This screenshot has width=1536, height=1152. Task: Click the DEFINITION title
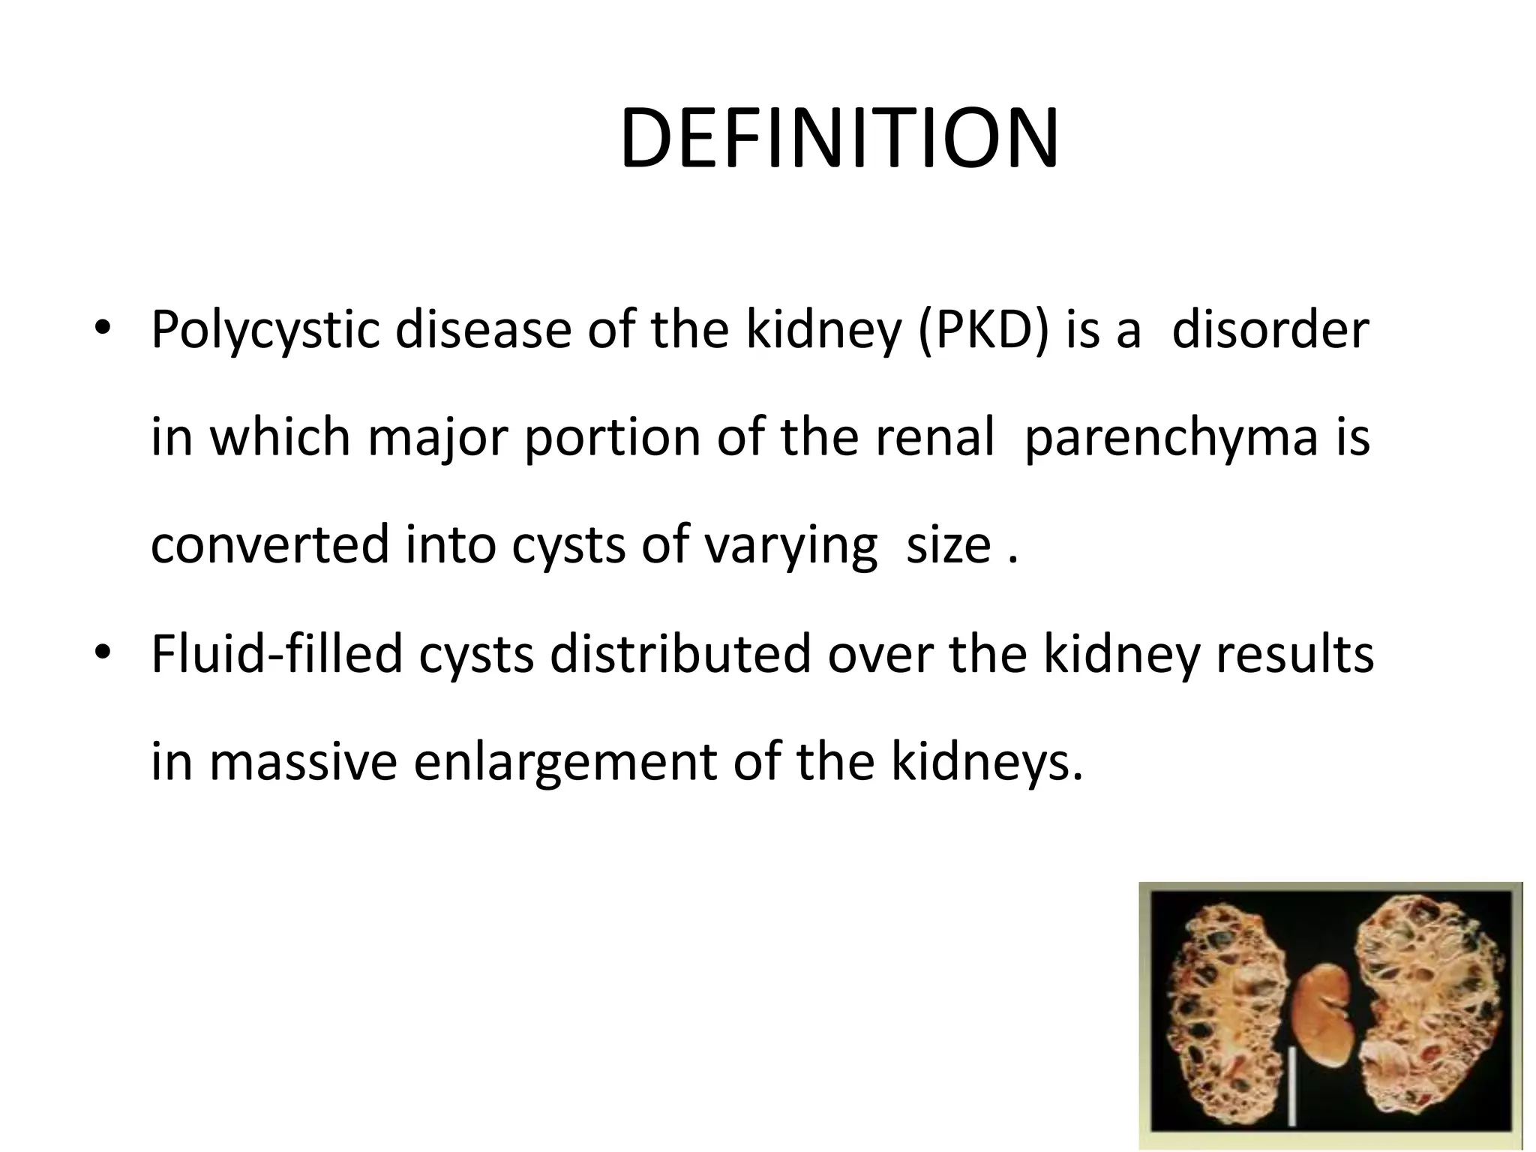coord(839,140)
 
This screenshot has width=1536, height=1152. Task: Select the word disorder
coord(1270,331)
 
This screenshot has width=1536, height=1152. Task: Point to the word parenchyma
coord(1170,437)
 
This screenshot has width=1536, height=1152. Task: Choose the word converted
coord(270,545)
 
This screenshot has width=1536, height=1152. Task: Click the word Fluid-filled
coord(277,653)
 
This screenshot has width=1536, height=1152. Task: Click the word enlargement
coord(565,762)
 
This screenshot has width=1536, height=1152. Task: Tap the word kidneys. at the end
coord(988,762)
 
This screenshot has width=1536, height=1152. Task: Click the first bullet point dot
coord(102,331)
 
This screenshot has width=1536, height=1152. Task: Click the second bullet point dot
coord(102,653)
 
